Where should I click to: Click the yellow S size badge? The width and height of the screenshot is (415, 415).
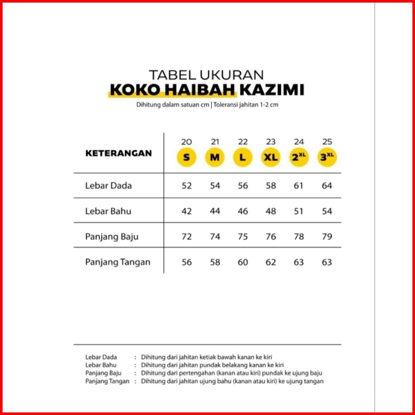click(186, 157)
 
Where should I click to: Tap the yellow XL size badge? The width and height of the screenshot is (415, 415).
click(271, 157)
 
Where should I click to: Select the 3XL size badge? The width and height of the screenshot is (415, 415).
click(327, 157)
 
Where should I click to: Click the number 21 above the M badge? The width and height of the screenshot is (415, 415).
click(215, 142)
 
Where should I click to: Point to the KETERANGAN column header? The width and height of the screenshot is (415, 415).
click(118, 153)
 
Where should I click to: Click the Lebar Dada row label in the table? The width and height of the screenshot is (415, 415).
click(108, 185)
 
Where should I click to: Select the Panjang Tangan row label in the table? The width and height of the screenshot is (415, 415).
click(118, 262)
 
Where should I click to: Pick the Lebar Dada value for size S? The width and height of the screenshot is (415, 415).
click(186, 185)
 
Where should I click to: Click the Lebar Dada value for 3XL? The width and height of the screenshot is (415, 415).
click(327, 185)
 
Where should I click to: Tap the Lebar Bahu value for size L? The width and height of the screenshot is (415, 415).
click(243, 211)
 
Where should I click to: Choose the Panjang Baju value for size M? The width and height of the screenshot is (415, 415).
click(215, 237)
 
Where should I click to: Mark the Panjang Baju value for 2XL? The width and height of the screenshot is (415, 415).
click(299, 237)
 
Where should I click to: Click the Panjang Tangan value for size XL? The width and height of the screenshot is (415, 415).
click(271, 262)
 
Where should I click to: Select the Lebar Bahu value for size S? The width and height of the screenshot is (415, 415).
click(186, 211)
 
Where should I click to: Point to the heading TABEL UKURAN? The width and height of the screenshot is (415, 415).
click(206, 74)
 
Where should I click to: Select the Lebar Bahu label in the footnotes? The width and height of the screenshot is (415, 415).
click(101, 365)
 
